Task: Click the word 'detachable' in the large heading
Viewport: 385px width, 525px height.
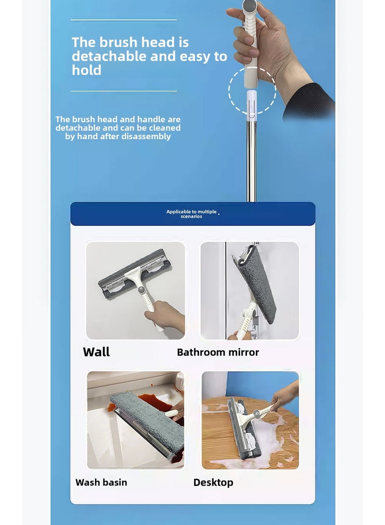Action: (110, 56)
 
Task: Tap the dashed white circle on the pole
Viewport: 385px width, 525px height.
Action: (252, 90)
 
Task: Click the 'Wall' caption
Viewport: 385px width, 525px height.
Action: (96, 352)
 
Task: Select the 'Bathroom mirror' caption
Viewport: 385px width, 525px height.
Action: (218, 352)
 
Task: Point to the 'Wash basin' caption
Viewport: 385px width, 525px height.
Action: (101, 482)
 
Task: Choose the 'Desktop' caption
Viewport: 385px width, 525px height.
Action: (213, 482)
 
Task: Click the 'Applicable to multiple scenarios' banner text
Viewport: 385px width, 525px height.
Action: (192, 214)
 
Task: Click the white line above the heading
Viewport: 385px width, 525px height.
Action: (124, 20)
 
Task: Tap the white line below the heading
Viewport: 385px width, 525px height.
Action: (124, 90)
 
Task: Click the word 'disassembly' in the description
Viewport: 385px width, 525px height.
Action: (148, 137)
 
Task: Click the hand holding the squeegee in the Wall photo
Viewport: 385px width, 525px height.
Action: (166, 315)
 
